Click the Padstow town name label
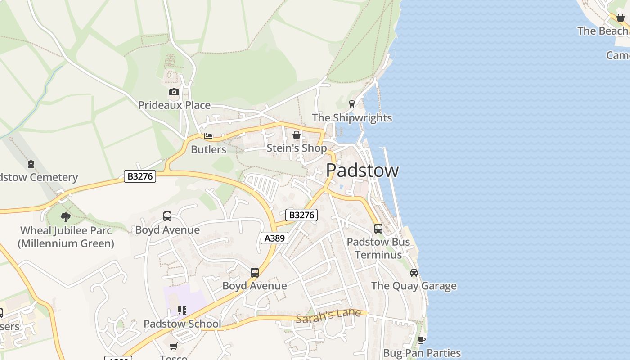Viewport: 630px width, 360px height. coord(362,171)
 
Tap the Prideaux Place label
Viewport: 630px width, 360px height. coord(174,105)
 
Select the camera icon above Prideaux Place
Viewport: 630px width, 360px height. coord(174,92)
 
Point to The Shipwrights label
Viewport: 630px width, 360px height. coord(352,118)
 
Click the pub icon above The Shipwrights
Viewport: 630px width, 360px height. coord(352,104)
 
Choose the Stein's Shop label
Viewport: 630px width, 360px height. coord(297,148)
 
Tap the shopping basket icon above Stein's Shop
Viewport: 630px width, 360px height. coord(297,135)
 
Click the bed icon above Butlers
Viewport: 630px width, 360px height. coord(208,136)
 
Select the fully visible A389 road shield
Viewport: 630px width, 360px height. coord(274,238)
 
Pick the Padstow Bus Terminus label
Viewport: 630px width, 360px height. coord(378,248)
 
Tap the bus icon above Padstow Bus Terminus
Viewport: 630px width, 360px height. coord(378,229)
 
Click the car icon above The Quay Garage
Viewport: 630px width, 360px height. coord(414,273)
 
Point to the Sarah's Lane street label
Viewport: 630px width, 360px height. coord(328,315)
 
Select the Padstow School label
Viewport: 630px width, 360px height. coord(182,324)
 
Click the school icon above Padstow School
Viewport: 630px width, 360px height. coord(182,310)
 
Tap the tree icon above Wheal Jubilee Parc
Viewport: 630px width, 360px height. coord(66,217)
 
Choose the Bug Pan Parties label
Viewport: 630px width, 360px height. coord(422,353)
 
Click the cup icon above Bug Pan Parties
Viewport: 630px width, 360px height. coord(422,340)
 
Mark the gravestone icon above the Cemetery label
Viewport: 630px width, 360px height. coord(31,164)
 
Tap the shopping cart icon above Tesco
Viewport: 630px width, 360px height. coord(174,346)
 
